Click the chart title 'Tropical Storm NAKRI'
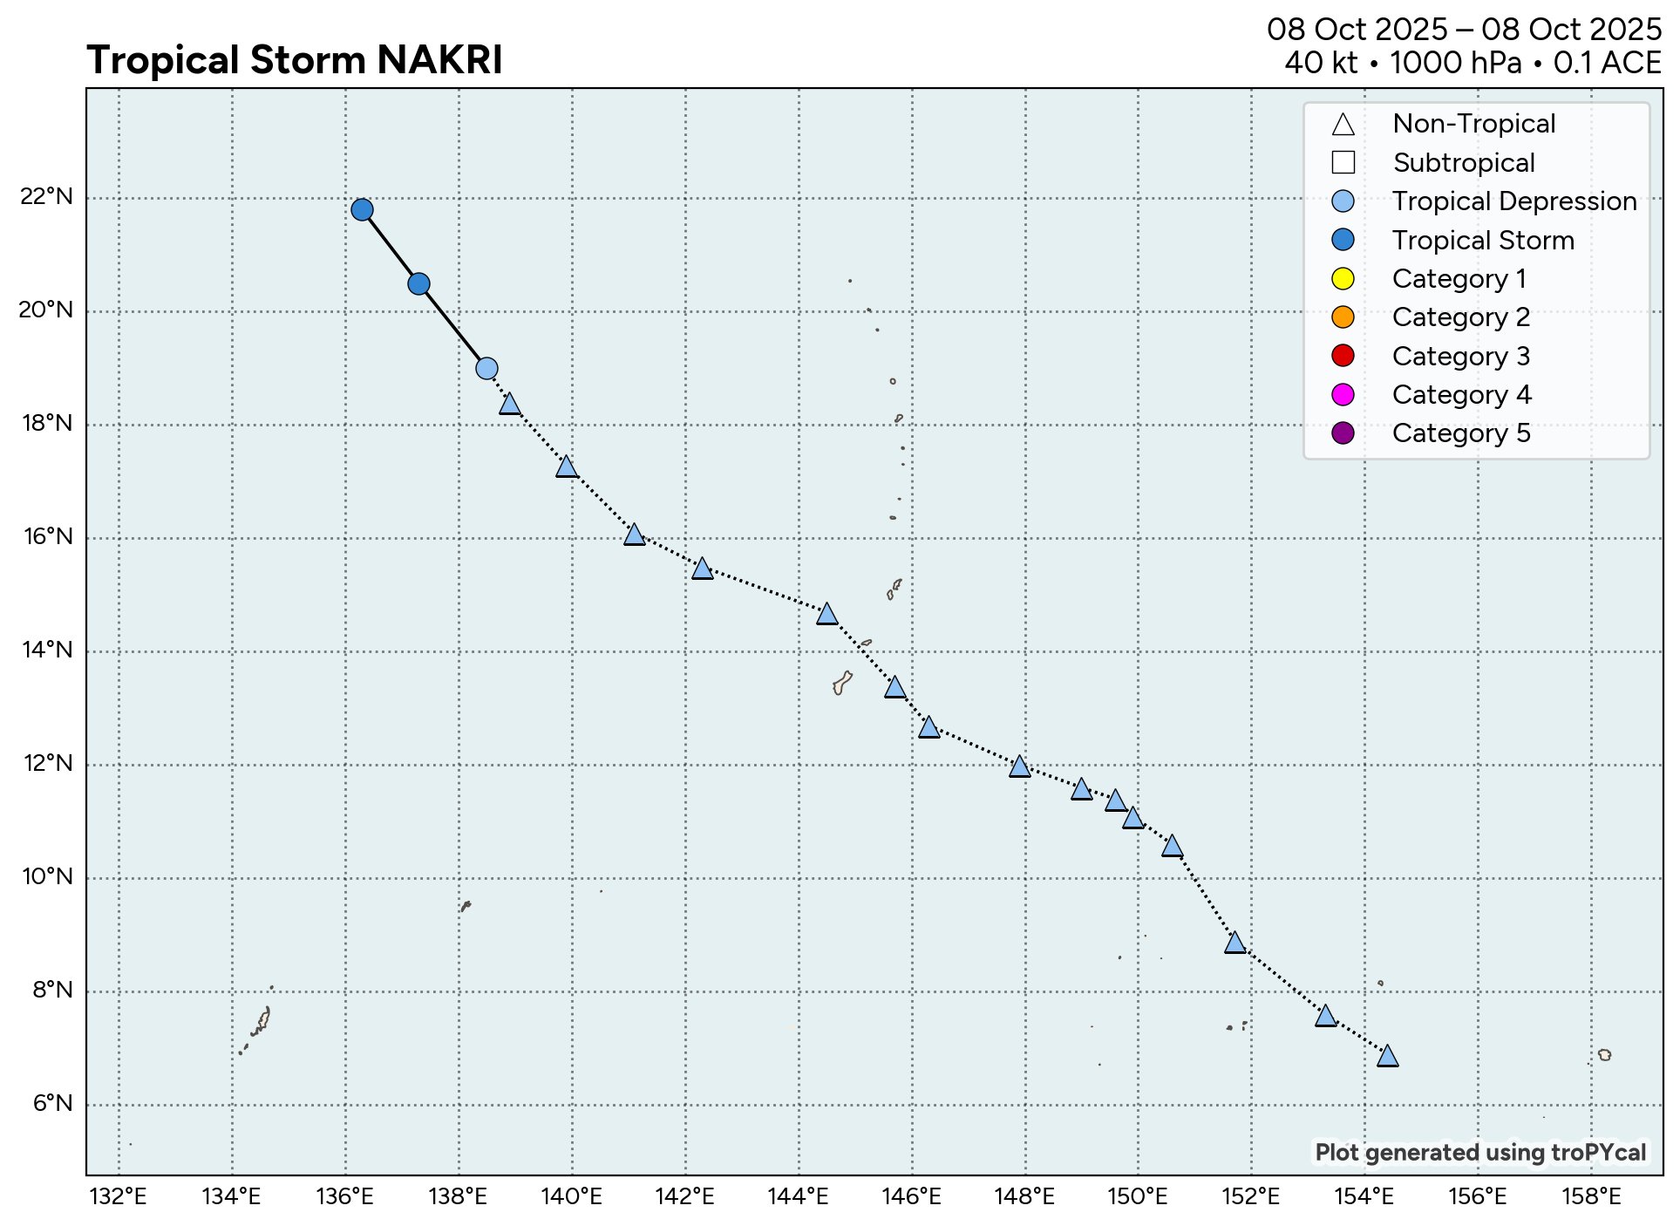pos(295,61)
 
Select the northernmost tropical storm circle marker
pos(362,209)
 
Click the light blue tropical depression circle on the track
pos(486,368)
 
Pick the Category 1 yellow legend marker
pos(1343,279)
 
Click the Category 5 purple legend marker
pos(1343,433)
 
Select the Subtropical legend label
pos(1464,163)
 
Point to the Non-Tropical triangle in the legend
pos(1343,125)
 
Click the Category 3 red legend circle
pos(1343,356)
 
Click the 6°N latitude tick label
pos(52,1104)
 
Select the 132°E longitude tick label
pos(119,1197)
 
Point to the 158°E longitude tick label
pos(1591,1197)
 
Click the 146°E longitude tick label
pos(911,1197)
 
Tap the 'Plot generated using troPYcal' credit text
pos(1480,1153)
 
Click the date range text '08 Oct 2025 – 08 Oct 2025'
pos(1464,30)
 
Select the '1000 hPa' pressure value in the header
pos(1455,63)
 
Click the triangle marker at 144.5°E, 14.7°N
pos(826,614)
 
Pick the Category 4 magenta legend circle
pos(1343,395)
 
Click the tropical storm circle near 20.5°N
pos(418,283)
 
